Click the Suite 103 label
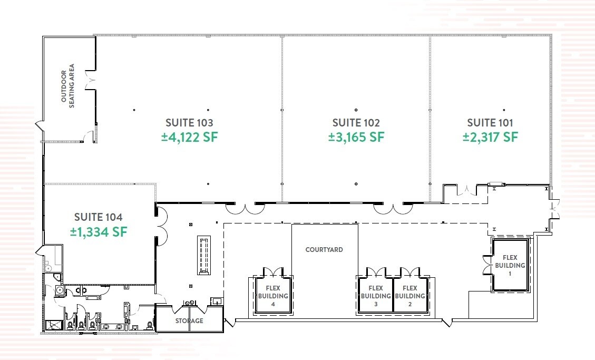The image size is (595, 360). pyautogui.click(x=189, y=123)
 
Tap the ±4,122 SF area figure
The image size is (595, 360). pyautogui.click(x=189, y=137)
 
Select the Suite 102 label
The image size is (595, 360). pyautogui.click(x=356, y=123)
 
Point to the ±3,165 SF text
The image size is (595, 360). pyautogui.click(x=356, y=137)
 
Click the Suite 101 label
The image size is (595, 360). pyautogui.click(x=490, y=123)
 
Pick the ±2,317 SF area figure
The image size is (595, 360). pyautogui.click(x=490, y=137)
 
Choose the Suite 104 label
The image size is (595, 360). pyautogui.click(x=98, y=217)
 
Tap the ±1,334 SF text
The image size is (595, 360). pyautogui.click(x=98, y=231)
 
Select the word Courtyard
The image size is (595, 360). pyautogui.click(x=324, y=249)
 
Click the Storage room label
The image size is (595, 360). pyautogui.click(x=189, y=321)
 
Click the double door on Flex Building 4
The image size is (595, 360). pyautogui.click(x=272, y=272)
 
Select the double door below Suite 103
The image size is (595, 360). pyautogui.click(x=245, y=209)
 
